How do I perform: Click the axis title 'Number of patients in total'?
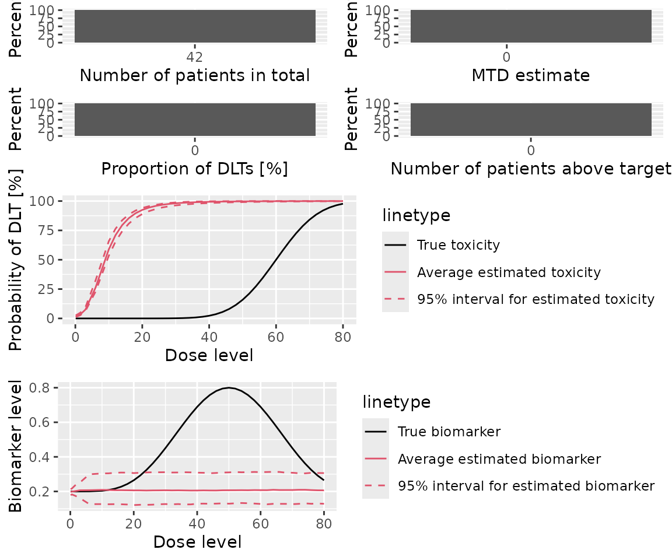pyautogui.click(x=194, y=75)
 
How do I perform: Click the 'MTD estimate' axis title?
pyautogui.click(x=531, y=75)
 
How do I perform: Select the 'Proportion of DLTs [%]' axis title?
pyautogui.click(x=194, y=169)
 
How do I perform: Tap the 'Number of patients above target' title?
pyautogui.click(x=531, y=169)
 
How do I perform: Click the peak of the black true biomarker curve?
pyautogui.click(x=229, y=388)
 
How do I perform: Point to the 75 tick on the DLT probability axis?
pyautogui.click(x=53, y=230)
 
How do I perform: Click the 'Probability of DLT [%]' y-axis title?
pyautogui.click(x=17, y=260)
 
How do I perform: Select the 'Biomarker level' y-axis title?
pyautogui.click(x=17, y=446)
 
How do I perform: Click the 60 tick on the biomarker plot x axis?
pyautogui.click(x=260, y=523)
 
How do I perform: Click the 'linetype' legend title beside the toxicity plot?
pyautogui.click(x=416, y=215)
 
